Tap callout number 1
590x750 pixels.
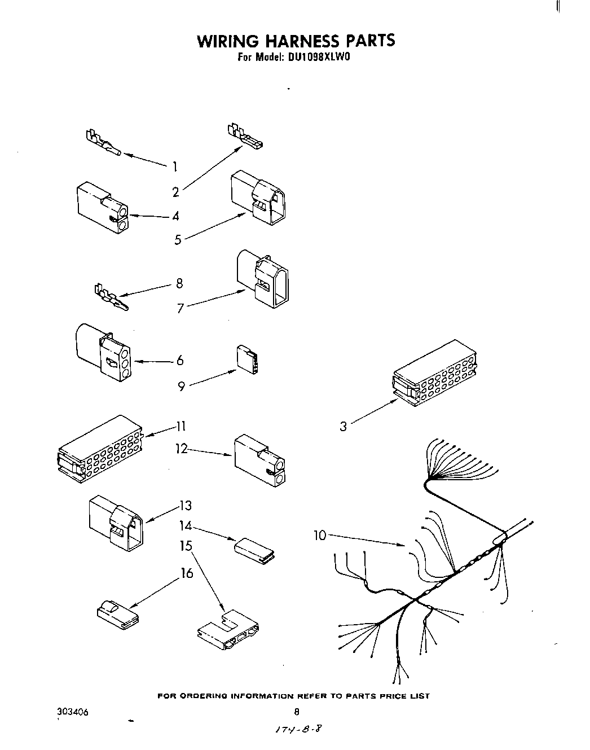175,166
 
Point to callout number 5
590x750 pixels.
178,240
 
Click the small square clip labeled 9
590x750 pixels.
247,360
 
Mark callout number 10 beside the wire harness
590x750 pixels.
320,534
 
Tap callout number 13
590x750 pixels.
186,505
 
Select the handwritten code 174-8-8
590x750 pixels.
299,729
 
